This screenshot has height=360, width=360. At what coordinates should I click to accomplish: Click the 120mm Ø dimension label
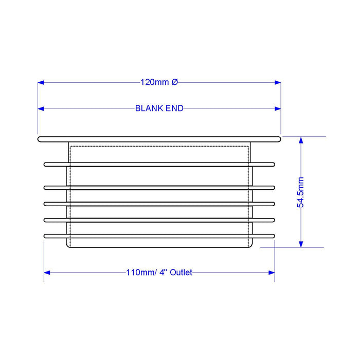(x=159, y=82)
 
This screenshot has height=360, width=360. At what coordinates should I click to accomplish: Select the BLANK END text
(x=159, y=109)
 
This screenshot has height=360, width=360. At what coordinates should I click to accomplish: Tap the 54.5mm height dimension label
(x=300, y=192)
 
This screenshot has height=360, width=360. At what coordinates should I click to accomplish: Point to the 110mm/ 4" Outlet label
(x=159, y=273)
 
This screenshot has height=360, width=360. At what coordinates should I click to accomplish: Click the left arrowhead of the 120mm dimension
(x=41, y=82)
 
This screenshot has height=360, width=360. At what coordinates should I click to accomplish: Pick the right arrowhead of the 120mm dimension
(x=278, y=82)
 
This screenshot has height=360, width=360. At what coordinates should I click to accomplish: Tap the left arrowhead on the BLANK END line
(x=41, y=109)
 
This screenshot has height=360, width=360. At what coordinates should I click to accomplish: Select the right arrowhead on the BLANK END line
(x=278, y=109)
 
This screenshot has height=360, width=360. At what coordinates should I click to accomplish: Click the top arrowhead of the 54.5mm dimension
(x=301, y=140)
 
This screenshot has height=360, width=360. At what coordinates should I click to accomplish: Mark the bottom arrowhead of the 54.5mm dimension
(x=301, y=244)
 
